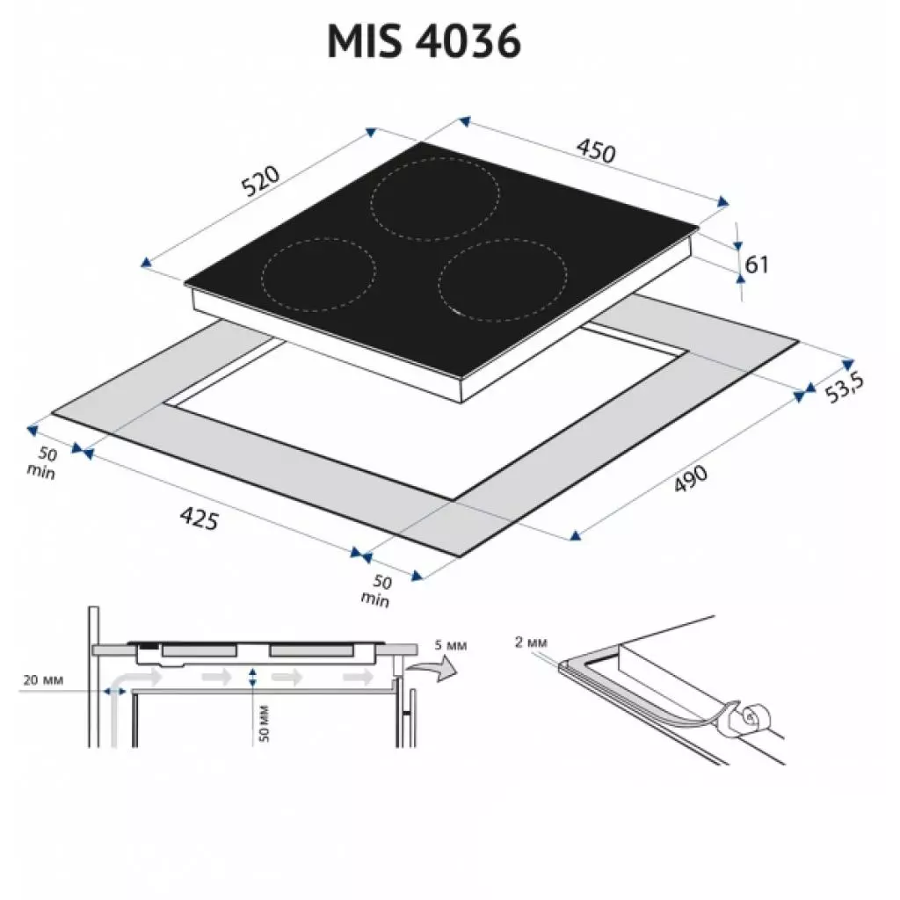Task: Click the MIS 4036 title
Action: click(425, 40)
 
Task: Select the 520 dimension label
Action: click(260, 180)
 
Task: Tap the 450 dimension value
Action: click(597, 150)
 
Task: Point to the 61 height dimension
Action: click(757, 264)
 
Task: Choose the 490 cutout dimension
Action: click(691, 479)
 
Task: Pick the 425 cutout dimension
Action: click(200, 519)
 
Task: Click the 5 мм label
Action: click(451, 645)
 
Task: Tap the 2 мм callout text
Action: click(531, 642)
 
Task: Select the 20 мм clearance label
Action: click(43, 680)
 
